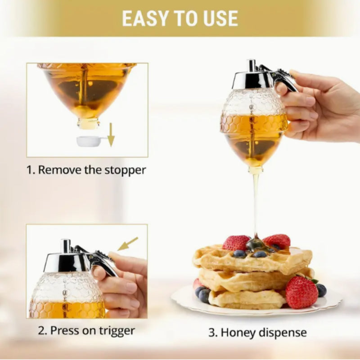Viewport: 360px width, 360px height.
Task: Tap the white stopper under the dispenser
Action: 89,141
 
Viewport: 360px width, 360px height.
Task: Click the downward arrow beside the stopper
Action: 111,138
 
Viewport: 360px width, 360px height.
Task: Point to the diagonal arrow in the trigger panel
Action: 127,244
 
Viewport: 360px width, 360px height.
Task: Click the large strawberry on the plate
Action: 301,292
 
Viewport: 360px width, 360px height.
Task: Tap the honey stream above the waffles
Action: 256,202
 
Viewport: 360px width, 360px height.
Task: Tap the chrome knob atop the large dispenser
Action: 252,65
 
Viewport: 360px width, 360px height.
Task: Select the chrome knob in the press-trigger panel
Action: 66,246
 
